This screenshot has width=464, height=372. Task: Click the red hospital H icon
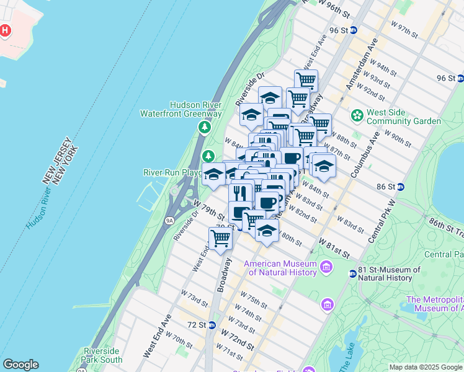click(6, 30)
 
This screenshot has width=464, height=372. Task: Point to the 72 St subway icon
click(212, 325)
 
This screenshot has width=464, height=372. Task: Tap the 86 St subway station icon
click(401, 186)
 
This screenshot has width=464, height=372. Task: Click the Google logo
click(20, 365)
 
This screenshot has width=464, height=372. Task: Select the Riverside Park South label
click(102, 355)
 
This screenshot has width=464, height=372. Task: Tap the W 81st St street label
click(334, 247)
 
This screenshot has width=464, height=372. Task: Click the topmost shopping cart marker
click(306, 80)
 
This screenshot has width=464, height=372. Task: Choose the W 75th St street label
click(252, 299)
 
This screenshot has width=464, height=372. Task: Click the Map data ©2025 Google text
click(426, 367)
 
